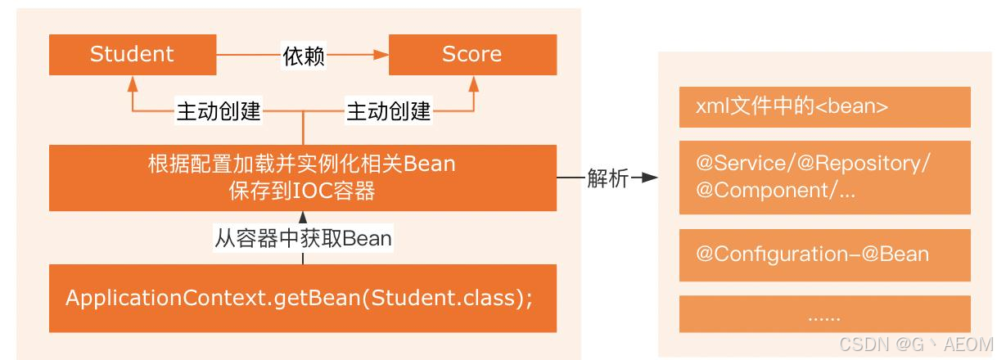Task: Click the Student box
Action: coord(131,55)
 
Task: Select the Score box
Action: coord(471,55)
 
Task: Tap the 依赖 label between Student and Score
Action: coord(304,56)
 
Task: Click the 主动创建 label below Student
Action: coord(219,110)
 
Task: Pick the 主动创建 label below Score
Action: coord(389,110)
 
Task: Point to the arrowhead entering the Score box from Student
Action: coord(380,56)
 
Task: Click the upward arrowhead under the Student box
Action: coord(132,83)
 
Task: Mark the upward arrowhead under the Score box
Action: coord(473,83)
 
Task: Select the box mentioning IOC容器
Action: coord(302,178)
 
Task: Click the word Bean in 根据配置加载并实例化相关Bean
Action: coord(429,164)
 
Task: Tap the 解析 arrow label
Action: coord(607,178)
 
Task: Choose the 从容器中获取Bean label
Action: coord(303,238)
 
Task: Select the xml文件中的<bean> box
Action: coord(824,107)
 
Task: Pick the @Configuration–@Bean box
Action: coord(824,254)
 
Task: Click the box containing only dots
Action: coord(824,315)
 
